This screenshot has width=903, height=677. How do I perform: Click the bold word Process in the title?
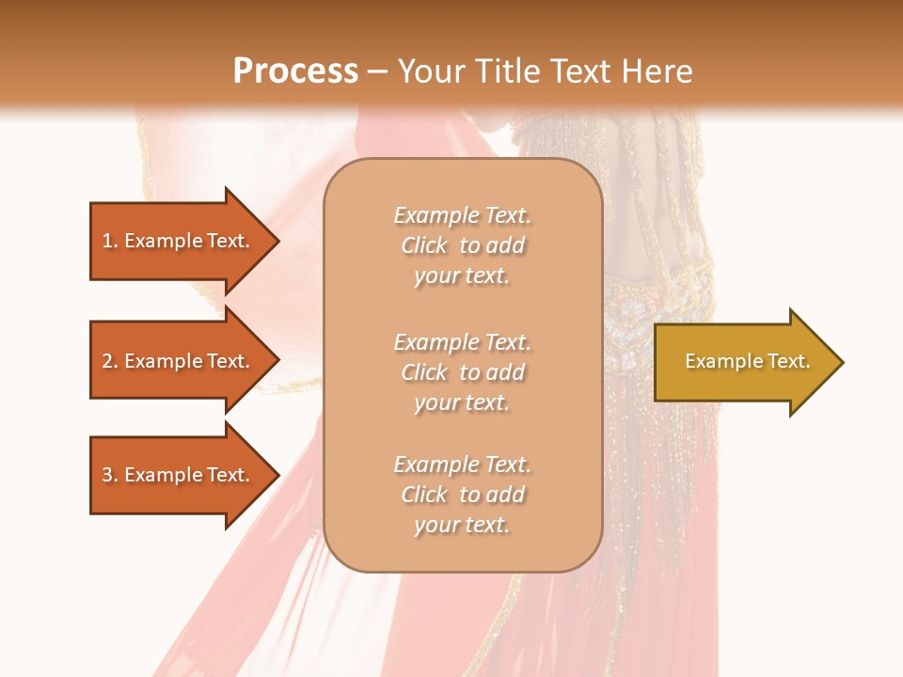click(295, 71)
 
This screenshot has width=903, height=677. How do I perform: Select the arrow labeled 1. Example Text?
click(176, 241)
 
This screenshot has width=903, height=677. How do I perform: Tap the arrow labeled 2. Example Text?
click(176, 361)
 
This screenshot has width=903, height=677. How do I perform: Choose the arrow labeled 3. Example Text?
click(176, 475)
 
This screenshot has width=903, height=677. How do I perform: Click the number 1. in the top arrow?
click(110, 241)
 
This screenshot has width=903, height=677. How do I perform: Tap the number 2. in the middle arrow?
click(110, 361)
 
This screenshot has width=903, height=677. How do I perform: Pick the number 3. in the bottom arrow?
click(110, 475)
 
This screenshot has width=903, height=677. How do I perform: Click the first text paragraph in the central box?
click(462, 245)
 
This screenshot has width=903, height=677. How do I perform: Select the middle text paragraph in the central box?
click(462, 372)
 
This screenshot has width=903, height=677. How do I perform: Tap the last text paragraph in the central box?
click(462, 495)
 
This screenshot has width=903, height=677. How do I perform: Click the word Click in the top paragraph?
click(424, 246)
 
